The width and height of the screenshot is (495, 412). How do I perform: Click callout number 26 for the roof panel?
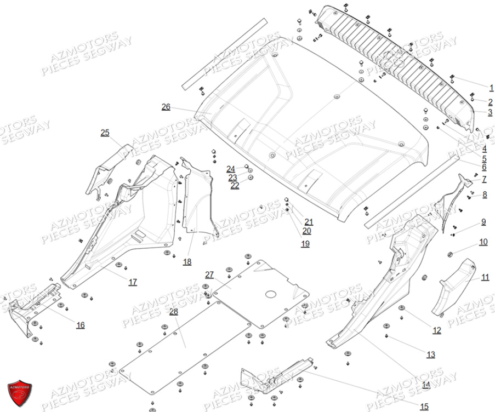pos(166,107)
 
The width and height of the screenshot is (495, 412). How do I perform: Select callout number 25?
pos(105,133)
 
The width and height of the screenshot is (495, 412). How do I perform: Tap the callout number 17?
pos(133,282)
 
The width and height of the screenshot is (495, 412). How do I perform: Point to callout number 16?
pos(81,325)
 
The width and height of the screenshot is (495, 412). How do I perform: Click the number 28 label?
pos(174,312)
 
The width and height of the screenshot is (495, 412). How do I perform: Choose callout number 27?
pos(209,274)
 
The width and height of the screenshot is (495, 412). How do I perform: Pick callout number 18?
pos(187,262)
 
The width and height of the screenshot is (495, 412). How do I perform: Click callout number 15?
pos(424,407)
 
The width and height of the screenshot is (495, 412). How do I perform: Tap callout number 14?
pos(426,385)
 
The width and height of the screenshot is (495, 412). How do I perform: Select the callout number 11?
pos(485,277)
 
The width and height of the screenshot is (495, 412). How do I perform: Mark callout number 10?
pos(483,242)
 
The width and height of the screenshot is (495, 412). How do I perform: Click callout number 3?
pos(490,112)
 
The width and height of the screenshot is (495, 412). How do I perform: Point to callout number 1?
pos(492,88)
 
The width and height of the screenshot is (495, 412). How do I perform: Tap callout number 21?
pos(309,222)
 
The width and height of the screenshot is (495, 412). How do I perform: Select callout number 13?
pos(431,355)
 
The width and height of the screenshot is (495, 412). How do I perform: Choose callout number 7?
pos(484,180)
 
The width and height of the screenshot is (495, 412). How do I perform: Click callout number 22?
pos(235,186)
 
